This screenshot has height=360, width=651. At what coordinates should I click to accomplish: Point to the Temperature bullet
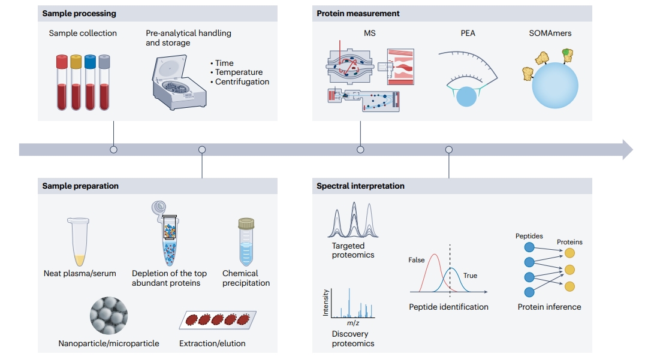coord(239,72)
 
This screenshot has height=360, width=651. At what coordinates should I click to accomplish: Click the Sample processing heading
coord(79,13)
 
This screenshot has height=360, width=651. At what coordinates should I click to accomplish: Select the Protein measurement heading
coord(358,13)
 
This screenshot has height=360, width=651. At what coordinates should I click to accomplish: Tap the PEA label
coord(468,33)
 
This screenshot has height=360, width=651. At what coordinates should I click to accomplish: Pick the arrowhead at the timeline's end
coord(627,149)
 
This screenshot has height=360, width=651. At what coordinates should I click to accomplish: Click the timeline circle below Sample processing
coord(113,149)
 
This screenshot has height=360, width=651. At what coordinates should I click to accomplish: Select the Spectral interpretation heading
coord(360,186)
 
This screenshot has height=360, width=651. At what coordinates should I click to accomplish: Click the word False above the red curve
coord(417,260)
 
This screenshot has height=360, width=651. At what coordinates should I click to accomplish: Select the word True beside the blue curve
coord(470,276)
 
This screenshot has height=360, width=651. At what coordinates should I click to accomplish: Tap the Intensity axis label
coord(326,303)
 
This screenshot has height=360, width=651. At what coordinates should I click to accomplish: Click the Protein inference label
coord(549,307)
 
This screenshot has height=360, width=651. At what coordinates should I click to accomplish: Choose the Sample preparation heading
coord(80,186)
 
